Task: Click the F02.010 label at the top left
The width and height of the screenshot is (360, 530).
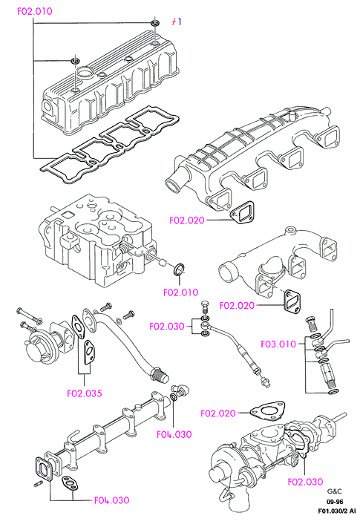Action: (x=35, y=11)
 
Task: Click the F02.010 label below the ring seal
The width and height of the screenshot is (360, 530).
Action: (x=181, y=292)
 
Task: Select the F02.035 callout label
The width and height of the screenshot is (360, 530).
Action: (x=85, y=393)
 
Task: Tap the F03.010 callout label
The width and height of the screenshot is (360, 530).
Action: (x=278, y=344)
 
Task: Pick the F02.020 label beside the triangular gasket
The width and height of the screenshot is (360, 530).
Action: (x=218, y=413)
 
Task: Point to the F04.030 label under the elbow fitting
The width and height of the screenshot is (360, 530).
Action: (x=174, y=434)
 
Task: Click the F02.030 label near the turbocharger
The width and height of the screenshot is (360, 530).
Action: (x=305, y=482)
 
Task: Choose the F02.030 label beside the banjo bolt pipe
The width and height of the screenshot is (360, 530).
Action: (x=167, y=326)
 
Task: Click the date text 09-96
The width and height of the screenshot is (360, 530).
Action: (x=334, y=502)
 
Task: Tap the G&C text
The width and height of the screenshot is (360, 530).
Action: (x=334, y=491)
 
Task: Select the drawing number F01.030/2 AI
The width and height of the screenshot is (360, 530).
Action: (x=337, y=511)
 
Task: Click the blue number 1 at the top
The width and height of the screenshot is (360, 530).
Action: (x=180, y=22)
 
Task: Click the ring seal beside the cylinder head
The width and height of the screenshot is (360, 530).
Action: (x=179, y=269)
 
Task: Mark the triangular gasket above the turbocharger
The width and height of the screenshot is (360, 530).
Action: (x=267, y=410)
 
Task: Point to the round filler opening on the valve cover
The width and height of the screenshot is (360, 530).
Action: (x=83, y=72)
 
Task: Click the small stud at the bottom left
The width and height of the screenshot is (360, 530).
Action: (x=38, y=484)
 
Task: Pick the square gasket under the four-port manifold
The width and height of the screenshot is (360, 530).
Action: (x=243, y=212)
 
